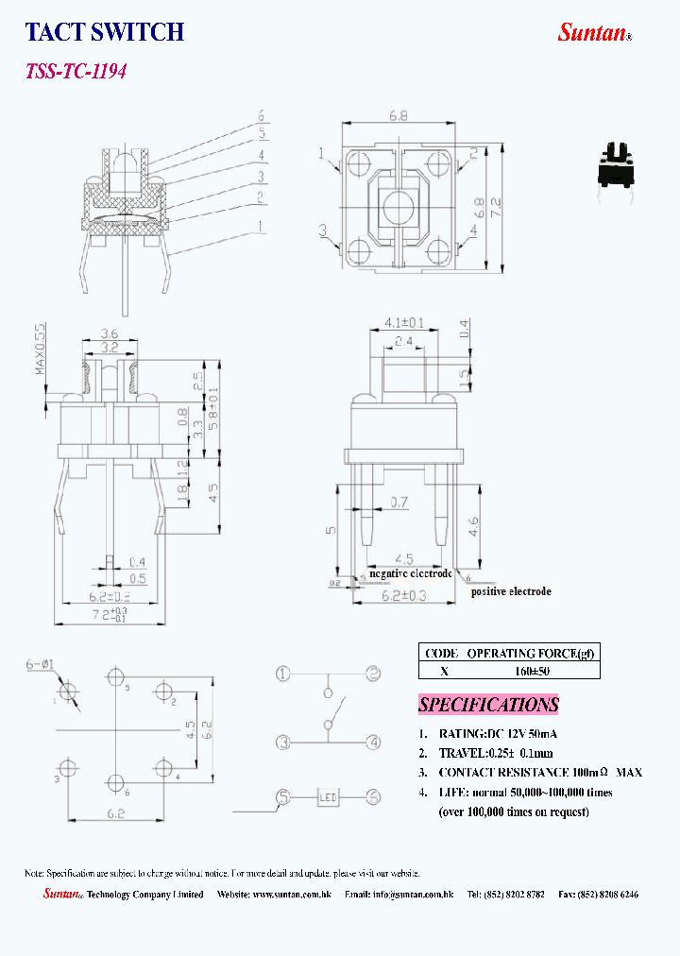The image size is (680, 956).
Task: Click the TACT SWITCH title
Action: [x=104, y=32]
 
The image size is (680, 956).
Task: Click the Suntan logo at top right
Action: [x=593, y=32]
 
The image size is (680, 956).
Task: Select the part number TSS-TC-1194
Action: [x=76, y=71]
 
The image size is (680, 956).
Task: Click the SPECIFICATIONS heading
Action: [x=488, y=705]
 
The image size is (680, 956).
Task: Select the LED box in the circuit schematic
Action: [x=328, y=797]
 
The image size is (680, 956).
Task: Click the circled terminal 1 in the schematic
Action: [x=282, y=674]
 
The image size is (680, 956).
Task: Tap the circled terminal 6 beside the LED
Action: [x=373, y=797]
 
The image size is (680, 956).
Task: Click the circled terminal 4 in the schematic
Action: [x=373, y=743]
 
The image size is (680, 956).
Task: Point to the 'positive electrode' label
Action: [x=511, y=591]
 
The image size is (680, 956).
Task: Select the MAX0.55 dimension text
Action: [x=41, y=350]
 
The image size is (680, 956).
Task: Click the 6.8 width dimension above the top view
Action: [x=399, y=115]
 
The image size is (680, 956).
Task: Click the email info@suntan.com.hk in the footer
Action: [x=413, y=894]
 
